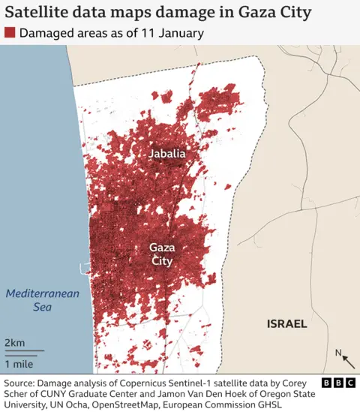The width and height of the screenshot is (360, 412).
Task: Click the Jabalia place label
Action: (166, 154)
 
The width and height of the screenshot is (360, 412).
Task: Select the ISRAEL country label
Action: (287, 324)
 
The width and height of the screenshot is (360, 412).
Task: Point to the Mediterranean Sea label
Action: (42, 300)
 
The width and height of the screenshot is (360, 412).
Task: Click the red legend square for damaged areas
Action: (10, 33)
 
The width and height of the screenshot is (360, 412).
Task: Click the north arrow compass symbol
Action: (341, 356)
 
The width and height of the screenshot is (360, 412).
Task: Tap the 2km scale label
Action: (14, 343)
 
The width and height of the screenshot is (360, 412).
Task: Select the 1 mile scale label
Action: (19, 363)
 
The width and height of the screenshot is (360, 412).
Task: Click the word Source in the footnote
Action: (22, 383)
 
